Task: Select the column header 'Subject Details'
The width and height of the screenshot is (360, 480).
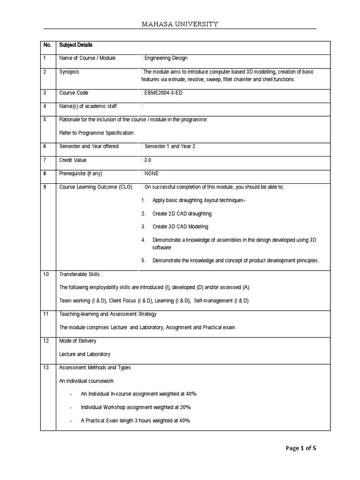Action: pyautogui.click(x=76, y=45)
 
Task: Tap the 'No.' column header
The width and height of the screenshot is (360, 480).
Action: pyautogui.click(x=47, y=45)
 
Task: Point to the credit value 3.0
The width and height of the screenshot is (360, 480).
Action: pyautogui.click(x=147, y=160)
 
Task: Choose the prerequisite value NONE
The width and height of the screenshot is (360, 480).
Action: pyautogui.click(x=151, y=173)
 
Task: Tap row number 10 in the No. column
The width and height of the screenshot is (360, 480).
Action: pyautogui.click(x=46, y=274)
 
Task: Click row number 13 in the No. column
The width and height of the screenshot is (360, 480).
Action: pyautogui.click(x=46, y=367)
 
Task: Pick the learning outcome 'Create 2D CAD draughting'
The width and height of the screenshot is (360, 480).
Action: pyautogui.click(x=182, y=214)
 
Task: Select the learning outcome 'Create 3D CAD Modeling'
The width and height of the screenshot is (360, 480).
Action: pyautogui.click(x=180, y=227)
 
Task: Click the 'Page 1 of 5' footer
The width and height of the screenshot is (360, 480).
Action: pyautogui.click(x=301, y=448)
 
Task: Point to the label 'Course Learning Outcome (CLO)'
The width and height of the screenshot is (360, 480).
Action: pyautogui.click(x=96, y=187)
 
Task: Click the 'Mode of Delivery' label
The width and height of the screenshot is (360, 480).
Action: pyautogui.click(x=78, y=341)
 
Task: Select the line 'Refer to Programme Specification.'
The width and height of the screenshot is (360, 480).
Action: pyautogui.click(x=97, y=133)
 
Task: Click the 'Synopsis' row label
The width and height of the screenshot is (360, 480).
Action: pyautogui.click(x=69, y=72)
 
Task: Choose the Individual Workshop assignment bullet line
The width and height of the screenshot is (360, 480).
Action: pyautogui.click(x=135, y=407)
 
